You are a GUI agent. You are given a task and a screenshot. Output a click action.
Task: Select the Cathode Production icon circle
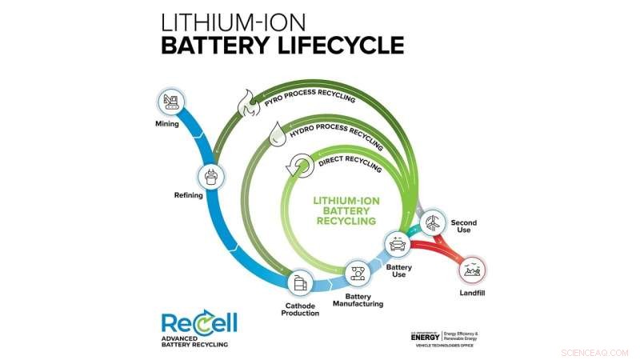coord(300,282)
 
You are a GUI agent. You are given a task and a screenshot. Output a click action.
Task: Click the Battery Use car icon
coord(398,243)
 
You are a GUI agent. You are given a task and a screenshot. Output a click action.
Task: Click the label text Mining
coord(167,124)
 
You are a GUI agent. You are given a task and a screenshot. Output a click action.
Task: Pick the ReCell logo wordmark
coord(198,323)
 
